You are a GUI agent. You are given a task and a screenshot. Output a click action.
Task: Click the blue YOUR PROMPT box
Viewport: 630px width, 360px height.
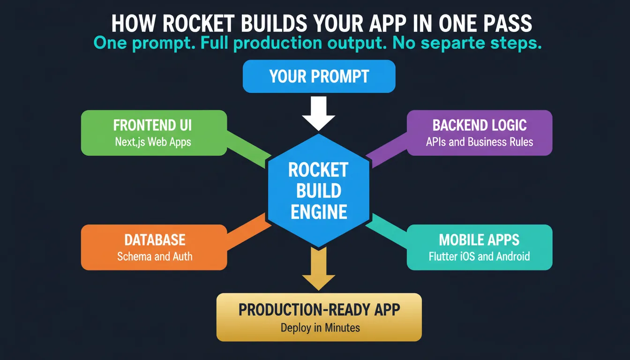coord(319,76)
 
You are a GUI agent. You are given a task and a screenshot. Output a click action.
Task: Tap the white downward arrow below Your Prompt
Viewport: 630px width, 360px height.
coord(318,113)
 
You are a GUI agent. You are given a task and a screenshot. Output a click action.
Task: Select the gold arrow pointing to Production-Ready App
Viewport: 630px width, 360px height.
coord(318,269)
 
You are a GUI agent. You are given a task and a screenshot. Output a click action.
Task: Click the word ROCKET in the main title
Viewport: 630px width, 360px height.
coord(198,23)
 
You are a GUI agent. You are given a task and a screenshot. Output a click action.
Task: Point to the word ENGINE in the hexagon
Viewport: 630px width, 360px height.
coord(319,212)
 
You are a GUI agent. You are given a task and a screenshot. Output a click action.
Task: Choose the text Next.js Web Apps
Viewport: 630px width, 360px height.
coord(153,142)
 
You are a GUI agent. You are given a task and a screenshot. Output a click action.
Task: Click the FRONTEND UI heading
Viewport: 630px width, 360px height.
coord(152,125)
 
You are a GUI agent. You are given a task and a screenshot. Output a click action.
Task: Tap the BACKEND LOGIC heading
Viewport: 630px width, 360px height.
coord(480,125)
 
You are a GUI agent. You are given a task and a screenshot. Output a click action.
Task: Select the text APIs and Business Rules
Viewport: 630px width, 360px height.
coord(480,142)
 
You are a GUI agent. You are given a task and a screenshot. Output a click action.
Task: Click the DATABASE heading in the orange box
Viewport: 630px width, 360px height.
coord(155,240)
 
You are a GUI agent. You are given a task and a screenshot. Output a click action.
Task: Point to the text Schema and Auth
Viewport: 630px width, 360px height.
coord(155,256)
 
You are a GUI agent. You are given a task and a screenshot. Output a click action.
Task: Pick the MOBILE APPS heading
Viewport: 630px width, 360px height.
coord(479,240)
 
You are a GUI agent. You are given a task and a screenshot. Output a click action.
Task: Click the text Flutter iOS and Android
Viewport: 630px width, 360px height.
coord(479,256)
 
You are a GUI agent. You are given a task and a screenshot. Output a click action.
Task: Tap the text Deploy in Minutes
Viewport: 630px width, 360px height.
coord(320,328)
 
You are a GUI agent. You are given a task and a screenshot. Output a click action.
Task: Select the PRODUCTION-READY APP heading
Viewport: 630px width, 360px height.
coord(319,310)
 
